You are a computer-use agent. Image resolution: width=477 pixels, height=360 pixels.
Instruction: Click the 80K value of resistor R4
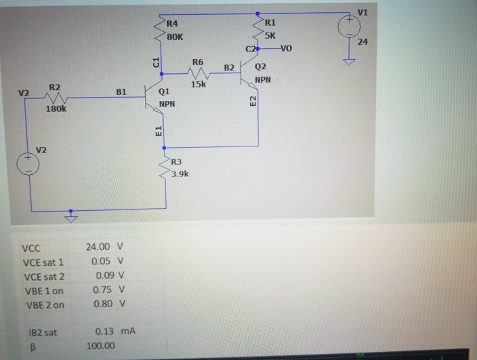(x=174, y=37)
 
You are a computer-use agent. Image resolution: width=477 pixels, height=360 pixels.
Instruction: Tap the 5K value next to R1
(x=270, y=35)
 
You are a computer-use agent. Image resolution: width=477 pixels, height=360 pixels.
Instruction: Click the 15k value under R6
(x=199, y=85)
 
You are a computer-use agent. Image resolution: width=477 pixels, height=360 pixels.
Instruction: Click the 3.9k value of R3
(x=180, y=174)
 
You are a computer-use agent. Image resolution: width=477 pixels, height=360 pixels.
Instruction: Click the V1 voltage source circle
(x=350, y=27)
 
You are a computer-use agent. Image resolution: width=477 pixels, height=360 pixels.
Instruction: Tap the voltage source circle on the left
(x=28, y=165)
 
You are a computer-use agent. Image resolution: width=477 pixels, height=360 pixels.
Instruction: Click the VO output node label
(x=285, y=48)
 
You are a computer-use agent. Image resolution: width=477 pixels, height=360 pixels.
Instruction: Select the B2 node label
(x=229, y=67)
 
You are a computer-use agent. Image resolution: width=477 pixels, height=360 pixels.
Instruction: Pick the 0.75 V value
(x=108, y=290)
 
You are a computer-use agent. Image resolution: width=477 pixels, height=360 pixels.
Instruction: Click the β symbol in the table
(x=29, y=346)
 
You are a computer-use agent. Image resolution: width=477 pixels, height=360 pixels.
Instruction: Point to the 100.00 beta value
(x=100, y=346)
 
